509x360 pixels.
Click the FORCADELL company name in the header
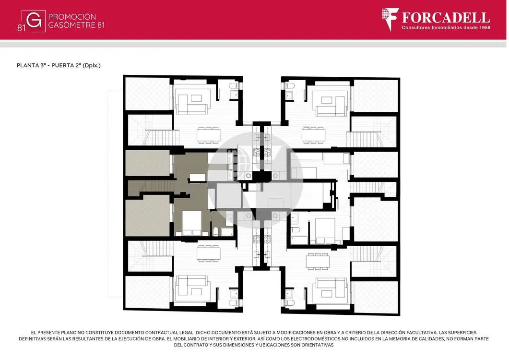pyautogui.click(x=446, y=17)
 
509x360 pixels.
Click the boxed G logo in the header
pyautogui.click(x=34, y=21)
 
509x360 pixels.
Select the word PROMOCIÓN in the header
pyautogui.click(x=72, y=17)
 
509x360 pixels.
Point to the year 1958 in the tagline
pyautogui.click(x=484, y=28)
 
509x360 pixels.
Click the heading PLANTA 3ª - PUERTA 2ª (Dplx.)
pyautogui.click(x=59, y=65)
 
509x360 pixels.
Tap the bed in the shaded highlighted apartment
pyautogui.click(x=191, y=223)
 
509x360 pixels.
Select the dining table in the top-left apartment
pyautogui.click(x=208, y=134)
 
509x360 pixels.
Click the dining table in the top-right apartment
pyautogui.click(x=313, y=134)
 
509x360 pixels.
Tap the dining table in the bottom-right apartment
pyautogui.click(x=318, y=262)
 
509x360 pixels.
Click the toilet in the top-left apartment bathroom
pyautogui.click(x=234, y=86)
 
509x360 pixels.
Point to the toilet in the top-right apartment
pyautogui.click(x=290, y=86)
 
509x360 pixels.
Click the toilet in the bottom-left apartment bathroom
pyautogui.click(x=234, y=303)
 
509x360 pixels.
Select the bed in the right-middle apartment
pyautogui.click(x=325, y=231)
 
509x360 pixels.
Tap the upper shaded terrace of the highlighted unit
pyautogui.click(x=148, y=163)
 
